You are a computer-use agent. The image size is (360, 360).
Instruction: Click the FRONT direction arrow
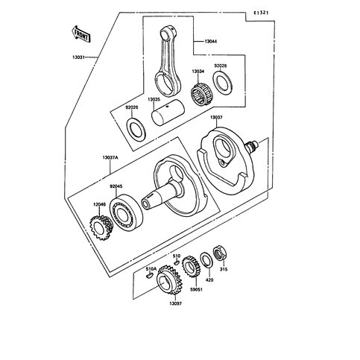pos(81,34)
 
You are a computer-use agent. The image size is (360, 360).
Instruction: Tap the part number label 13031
pos(78,57)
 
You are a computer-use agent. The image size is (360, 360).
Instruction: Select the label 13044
pos(210,41)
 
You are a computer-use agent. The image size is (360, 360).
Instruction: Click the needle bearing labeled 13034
pos(200,92)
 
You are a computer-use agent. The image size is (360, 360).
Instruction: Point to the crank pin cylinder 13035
pos(168,112)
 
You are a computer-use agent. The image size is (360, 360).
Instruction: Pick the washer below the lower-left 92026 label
pos(136,128)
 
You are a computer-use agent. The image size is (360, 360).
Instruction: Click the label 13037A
pos(110,157)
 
